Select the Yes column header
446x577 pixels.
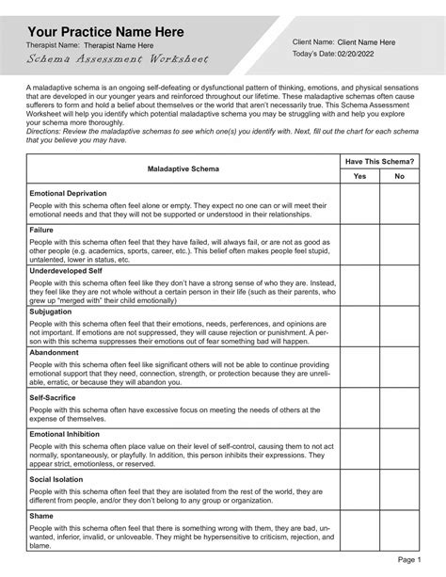359,176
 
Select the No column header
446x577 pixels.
399,176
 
